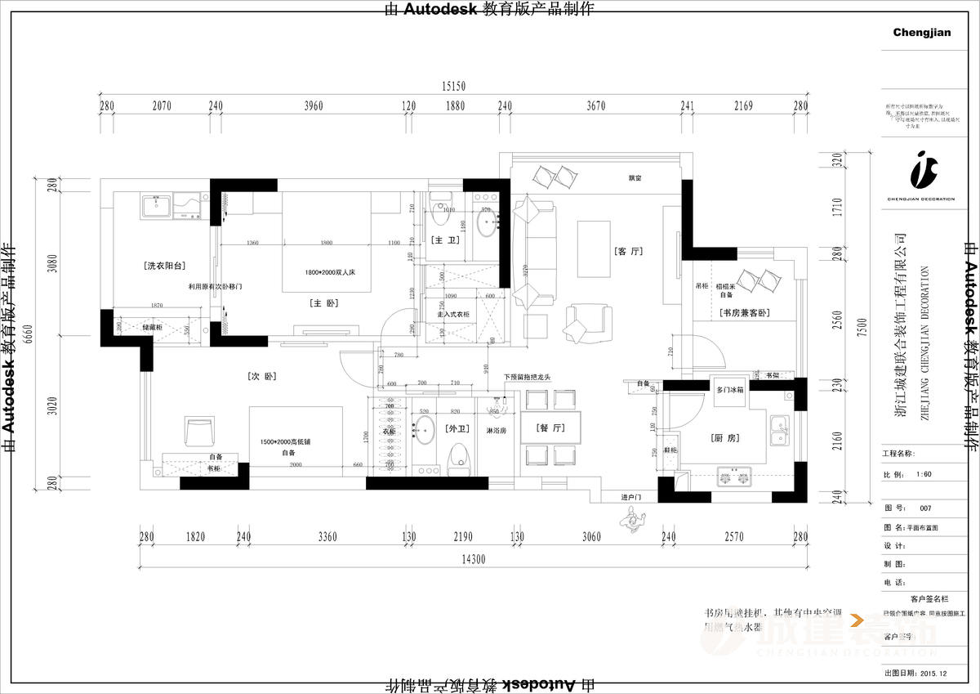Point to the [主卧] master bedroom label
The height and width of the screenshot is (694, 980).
coord(323,302)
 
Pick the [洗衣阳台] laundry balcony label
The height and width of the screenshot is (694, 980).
coord(165,266)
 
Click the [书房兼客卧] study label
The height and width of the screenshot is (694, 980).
coord(746,313)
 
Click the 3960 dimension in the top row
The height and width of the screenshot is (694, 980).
coord(313,105)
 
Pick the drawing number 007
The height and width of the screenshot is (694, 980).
coord(924,508)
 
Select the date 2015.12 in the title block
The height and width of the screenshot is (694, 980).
coord(933,673)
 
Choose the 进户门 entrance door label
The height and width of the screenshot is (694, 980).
coord(632,497)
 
